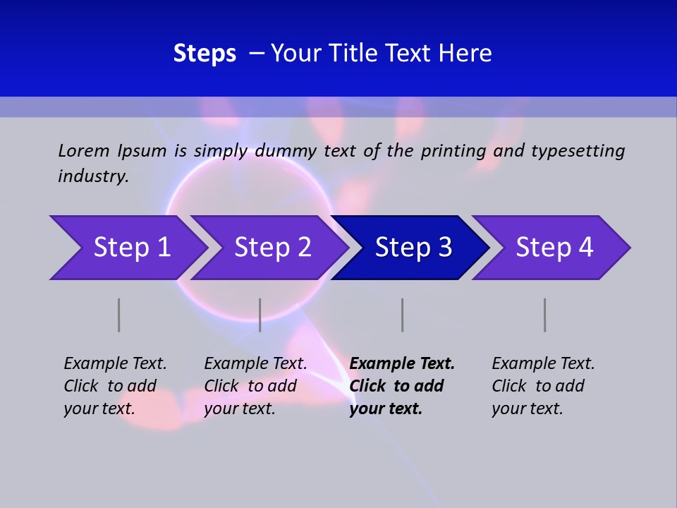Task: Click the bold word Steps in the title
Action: pos(205,54)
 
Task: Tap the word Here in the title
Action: pos(466,54)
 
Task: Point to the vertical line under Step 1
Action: pos(119,315)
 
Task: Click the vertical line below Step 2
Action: pos(260,315)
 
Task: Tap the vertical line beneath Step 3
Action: pos(403,315)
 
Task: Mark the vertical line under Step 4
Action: pos(545,315)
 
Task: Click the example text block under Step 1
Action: pos(115,386)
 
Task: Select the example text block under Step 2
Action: pos(255,386)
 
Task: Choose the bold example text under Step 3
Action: pos(402,386)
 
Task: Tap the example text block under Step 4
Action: pos(543,386)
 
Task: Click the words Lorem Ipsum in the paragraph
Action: pos(112,150)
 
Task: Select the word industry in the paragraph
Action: pos(92,176)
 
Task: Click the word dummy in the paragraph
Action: pos(286,151)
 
